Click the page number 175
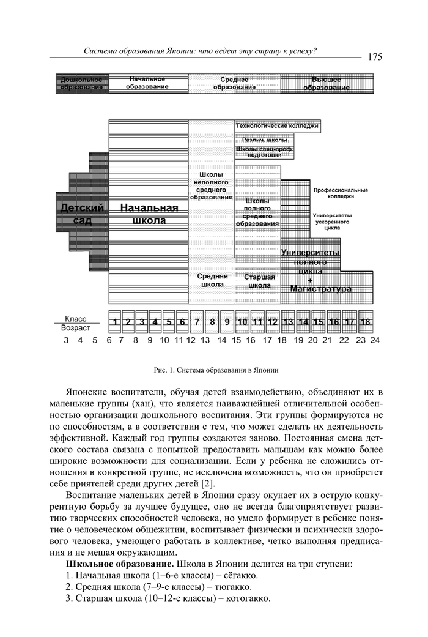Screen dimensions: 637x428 point(375,57)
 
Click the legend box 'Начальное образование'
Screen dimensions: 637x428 point(147,83)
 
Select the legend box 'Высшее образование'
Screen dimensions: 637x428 point(327,83)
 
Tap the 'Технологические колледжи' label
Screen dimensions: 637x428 point(277,126)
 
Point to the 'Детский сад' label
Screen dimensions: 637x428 point(82,214)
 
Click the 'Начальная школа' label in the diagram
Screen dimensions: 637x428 point(149,214)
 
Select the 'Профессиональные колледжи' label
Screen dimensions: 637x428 point(341,193)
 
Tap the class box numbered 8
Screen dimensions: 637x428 point(212,321)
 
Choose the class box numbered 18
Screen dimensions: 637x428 point(366,321)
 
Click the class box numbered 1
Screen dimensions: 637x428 point(114,321)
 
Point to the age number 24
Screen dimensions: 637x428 point(375,340)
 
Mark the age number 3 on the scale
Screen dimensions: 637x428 point(66,340)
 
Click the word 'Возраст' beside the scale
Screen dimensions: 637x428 point(75,328)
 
